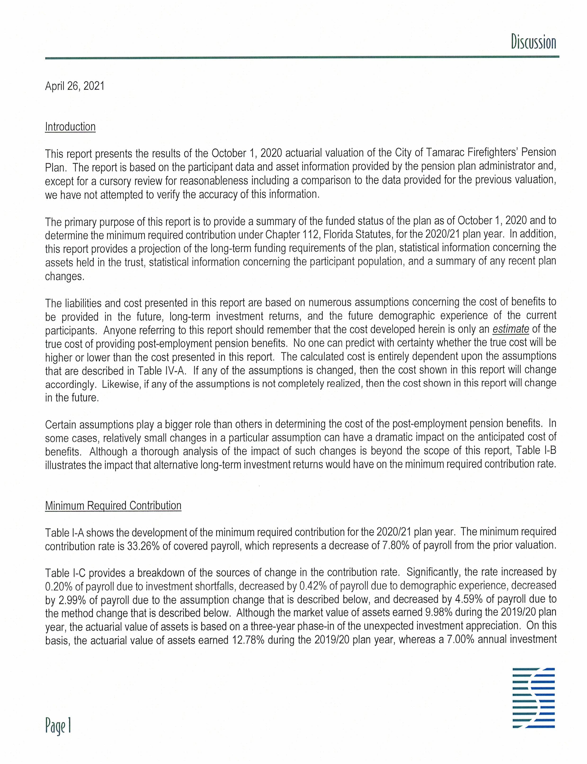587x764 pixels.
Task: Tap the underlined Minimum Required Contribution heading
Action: (113, 506)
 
